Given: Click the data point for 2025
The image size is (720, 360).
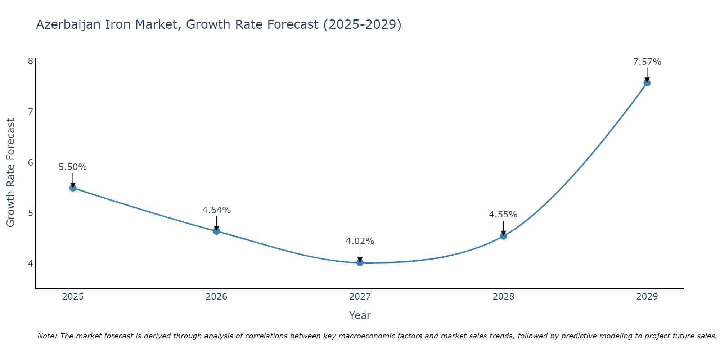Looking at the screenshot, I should tap(73, 188).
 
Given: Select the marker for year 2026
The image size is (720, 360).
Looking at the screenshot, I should tap(216, 231).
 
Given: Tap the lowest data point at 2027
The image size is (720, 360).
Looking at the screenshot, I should tap(360, 262).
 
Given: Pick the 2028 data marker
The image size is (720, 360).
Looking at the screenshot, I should tap(504, 236).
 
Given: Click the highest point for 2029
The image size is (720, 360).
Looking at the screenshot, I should tap(647, 83).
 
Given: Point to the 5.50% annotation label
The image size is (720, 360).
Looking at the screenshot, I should tap(73, 167).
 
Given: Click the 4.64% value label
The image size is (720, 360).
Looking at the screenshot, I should tap(216, 210).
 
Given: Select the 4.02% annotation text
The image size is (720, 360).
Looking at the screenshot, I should tap(360, 241).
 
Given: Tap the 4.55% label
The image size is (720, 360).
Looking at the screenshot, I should tap(503, 215).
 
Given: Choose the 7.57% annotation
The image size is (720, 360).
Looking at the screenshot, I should tap(647, 62).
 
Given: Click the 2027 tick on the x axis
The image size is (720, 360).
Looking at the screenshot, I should tap(360, 297).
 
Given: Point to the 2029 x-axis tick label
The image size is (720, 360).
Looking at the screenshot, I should tap(647, 297).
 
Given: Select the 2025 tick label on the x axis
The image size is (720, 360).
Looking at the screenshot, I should tap(73, 297).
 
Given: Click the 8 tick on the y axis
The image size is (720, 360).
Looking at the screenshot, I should tap(30, 61).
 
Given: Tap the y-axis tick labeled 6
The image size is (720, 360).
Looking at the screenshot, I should tap(30, 162).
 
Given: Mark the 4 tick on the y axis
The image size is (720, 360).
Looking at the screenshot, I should tap(30, 264).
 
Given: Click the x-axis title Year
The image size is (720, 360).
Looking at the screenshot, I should tap(360, 315).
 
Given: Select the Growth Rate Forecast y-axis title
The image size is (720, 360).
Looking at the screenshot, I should tap(11, 173).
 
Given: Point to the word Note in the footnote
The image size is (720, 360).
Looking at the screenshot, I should tap(47, 336).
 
